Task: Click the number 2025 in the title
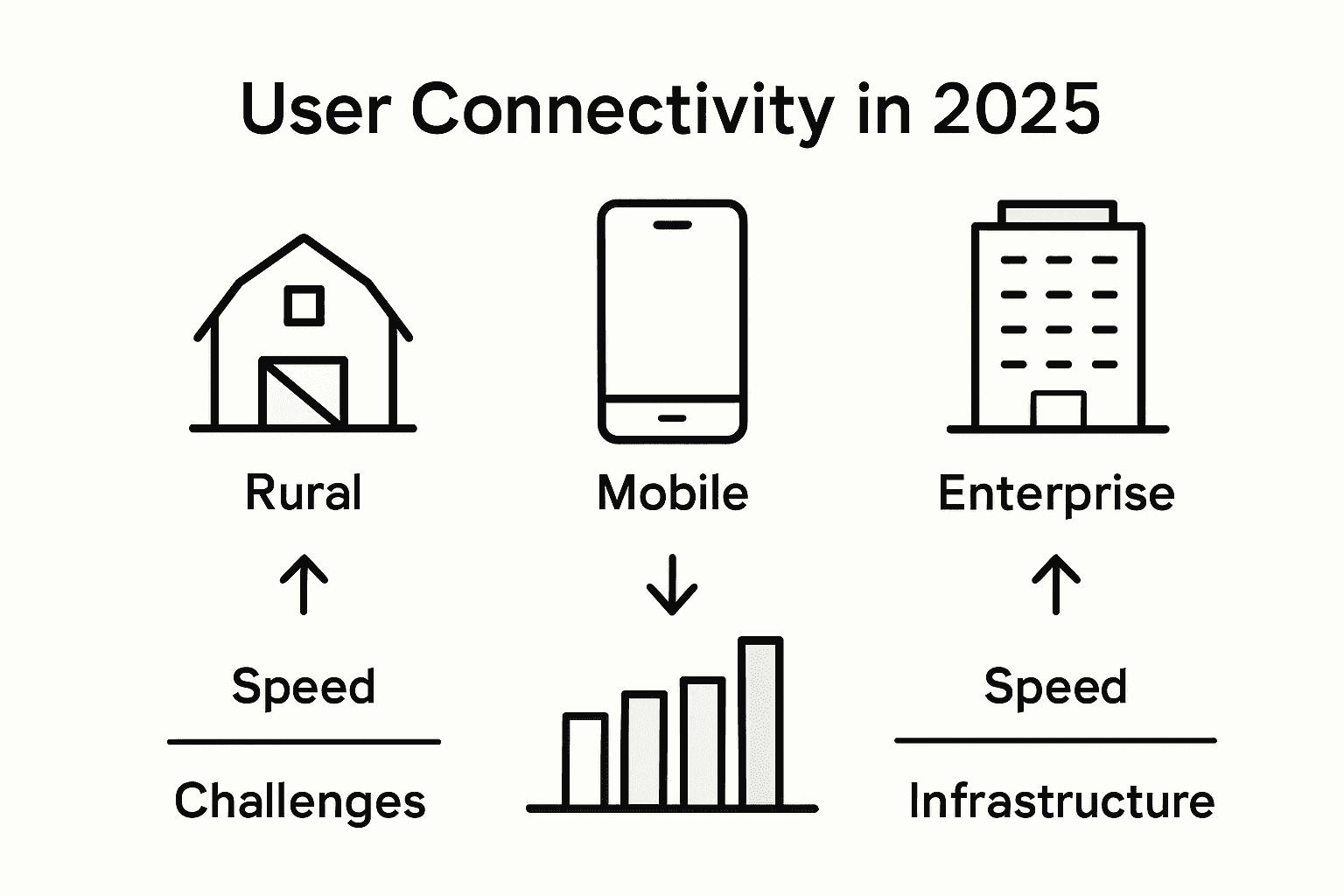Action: point(1016,110)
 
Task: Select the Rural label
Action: point(303,493)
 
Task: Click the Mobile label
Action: point(672,493)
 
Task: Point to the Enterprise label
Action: point(1056,493)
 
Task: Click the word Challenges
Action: point(300,801)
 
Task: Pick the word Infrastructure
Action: point(1061,801)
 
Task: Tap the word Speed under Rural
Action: point(304,686)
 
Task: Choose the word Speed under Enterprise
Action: point(1055,686)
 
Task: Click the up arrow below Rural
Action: point(304,583)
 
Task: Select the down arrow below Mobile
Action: point(672,584)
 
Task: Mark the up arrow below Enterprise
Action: point(1056,583)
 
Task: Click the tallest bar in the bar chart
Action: point(760,722)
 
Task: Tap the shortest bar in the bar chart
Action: point(585,759)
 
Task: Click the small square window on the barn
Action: point(304,305)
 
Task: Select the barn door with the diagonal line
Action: point(303,393)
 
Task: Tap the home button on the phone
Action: point(672,418)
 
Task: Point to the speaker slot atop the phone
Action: point(672,225)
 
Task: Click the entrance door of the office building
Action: point(1058,409)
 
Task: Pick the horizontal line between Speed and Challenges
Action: point(304,742)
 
